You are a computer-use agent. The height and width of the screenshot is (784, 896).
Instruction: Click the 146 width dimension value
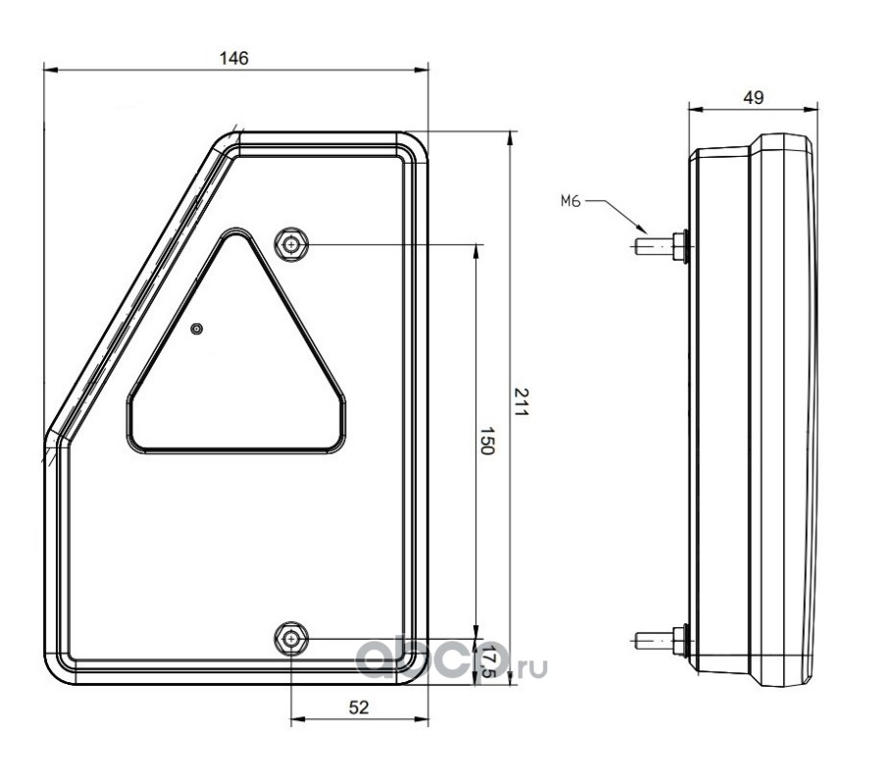pos(234,58)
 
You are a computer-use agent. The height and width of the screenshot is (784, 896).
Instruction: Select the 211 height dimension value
pos(522,402)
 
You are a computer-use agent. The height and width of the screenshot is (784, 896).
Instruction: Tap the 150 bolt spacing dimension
pos(486,440)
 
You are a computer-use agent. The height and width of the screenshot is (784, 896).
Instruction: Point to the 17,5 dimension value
pos(487,661)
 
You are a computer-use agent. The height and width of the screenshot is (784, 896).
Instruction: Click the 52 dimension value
pos(359,708)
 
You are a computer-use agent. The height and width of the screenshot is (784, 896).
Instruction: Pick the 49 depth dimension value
pos(753,98)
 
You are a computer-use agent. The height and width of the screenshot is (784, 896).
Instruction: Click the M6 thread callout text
pos(571,201)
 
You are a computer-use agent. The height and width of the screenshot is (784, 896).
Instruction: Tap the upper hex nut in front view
pos(291,245)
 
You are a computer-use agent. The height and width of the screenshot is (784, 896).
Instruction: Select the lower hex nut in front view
pos(291,638)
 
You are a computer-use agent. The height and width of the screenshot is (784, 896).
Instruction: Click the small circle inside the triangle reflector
pos(197,328)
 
